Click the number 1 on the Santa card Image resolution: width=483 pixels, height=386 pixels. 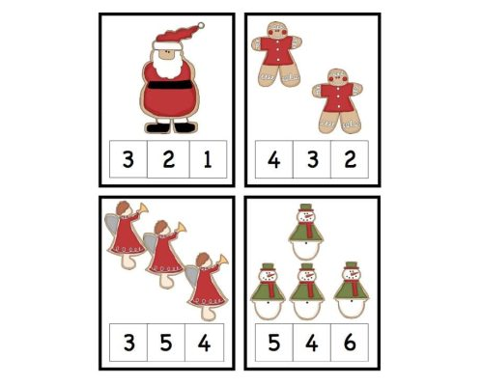(209, 159)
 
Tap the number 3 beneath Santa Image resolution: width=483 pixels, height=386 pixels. (128, 159)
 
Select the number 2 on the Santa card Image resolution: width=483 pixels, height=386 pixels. (168, 159)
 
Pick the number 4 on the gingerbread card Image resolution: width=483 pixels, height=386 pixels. (274, 159)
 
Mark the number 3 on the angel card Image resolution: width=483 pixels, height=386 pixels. (128, 342)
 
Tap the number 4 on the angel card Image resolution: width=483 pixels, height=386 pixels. (206, 342)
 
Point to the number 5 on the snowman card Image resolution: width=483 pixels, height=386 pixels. (274, 342)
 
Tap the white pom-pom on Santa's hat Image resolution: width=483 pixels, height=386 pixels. (202, 25)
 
